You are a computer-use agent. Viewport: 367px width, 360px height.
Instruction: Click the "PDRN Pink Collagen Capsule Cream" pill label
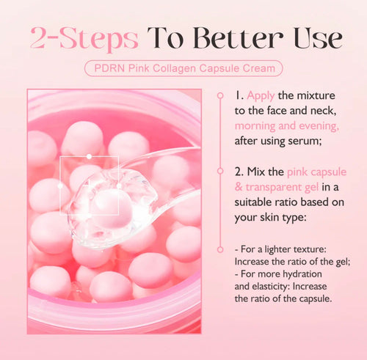coord(183,69)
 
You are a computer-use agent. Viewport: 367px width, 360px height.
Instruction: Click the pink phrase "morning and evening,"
coord(281,125)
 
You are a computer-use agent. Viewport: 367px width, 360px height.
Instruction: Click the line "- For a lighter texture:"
coord(279,249)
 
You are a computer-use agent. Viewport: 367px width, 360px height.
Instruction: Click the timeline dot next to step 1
coord(219,95)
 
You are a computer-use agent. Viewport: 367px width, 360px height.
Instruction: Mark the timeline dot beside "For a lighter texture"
coord(219,249)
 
